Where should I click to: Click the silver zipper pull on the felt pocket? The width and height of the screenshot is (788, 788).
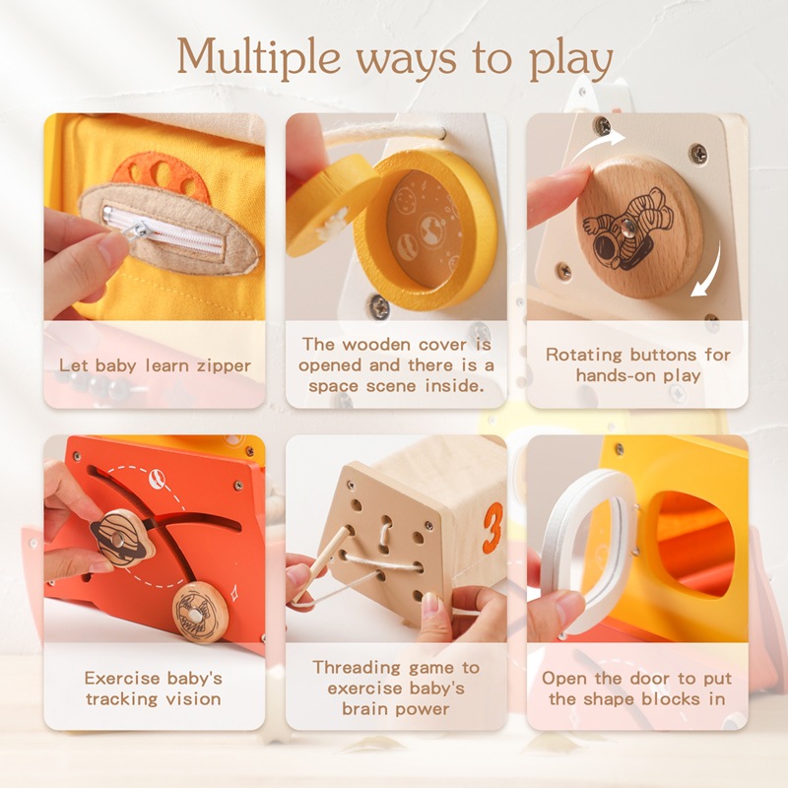tap(142, 230)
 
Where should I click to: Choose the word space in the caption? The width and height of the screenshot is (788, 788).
tap(334, 386)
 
